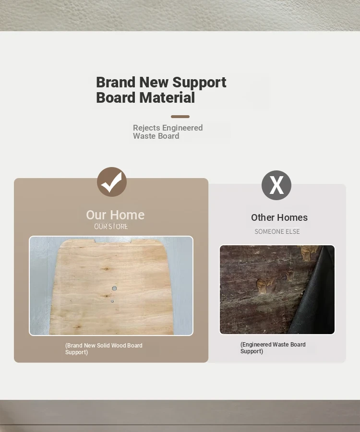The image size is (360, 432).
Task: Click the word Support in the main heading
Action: pos(199,83)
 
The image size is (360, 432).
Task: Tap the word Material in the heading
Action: pos(167,97)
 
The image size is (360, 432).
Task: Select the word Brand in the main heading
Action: pos(116,82)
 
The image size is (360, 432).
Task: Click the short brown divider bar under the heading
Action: pos(180,117)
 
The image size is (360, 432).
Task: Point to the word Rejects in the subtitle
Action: pos(146,128)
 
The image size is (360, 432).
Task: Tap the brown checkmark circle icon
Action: pos(112,182)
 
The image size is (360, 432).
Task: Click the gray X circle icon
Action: pos(276,185)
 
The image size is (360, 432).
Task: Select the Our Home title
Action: pos(115,215)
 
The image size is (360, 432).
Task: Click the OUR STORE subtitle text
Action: pos(111,227)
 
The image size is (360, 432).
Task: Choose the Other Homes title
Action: pos(279,217)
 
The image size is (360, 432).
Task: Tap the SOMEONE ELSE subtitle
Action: pos(277,231)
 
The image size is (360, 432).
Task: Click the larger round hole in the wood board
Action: pos(114,288)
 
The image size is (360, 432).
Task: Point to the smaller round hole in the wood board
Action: pos(112,301)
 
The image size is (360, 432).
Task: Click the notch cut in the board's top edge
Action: pos(113,240)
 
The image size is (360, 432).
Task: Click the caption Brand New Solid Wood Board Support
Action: pos(104,349)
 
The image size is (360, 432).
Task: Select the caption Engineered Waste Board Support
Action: pos(273,348)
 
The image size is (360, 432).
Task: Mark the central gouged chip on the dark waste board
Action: pos(265,285)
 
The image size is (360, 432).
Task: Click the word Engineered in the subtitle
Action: pos(182,128)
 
